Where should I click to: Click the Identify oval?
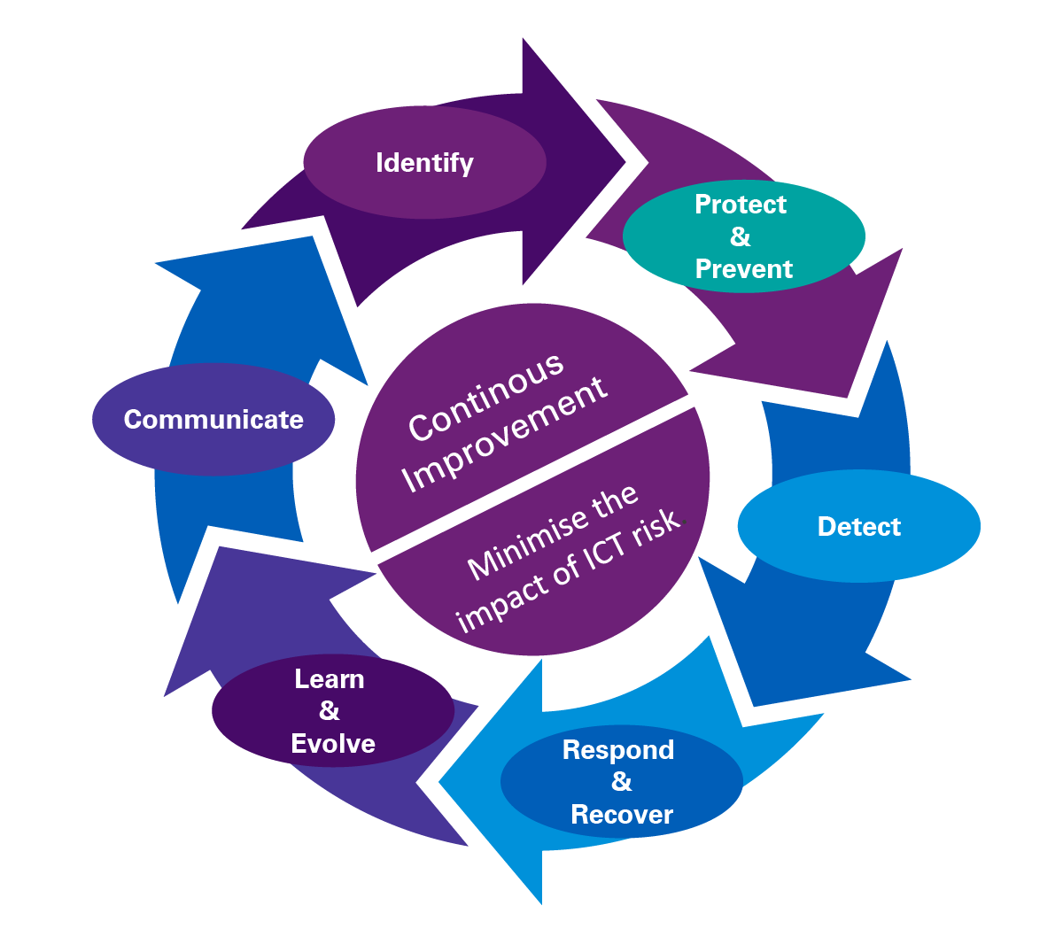tap(424, 163)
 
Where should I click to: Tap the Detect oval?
tap(858, 526)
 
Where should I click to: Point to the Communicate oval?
tap(213, 419)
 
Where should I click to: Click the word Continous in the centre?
tap(485, 396)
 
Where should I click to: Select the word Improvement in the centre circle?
tap(504, 435)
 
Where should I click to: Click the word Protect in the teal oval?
tap(741, 205)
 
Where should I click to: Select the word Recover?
tap(622, 815)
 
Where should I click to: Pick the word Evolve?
tap(333, 744)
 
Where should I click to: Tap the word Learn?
tap(330, 679)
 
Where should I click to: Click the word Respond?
tap(618, 750)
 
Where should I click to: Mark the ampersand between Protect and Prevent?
tap(741, 236)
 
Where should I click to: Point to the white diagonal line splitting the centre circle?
tap(531, 478)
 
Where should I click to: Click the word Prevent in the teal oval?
tap(744, 269)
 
